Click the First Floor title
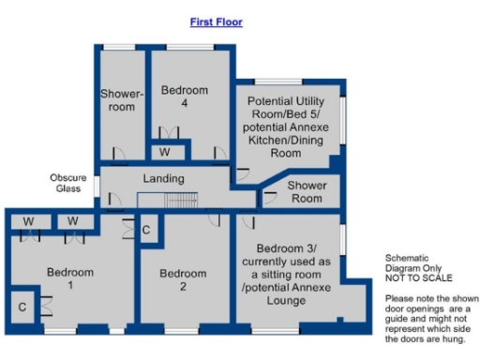(x=217, y=21)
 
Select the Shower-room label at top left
(x=121, y=99)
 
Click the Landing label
(x=163, y=178)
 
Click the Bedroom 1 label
(x=70, y=278)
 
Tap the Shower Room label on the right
(x=306, y=191)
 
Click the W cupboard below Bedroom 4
(x=165, y=151)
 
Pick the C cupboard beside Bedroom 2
(x=146, y=229)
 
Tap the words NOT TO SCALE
(x=418, y=278)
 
